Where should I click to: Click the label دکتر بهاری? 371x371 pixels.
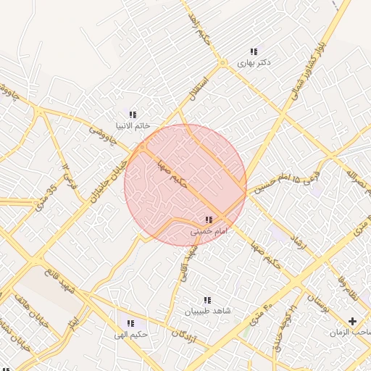click(254, 63)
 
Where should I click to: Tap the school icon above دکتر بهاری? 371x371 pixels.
click(254, 51)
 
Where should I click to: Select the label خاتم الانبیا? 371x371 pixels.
click(133, 125)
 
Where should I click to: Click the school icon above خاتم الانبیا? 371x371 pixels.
click(133, 114)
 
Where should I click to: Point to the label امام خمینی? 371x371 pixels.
click(209, 231)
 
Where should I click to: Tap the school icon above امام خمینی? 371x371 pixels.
click(209, 220)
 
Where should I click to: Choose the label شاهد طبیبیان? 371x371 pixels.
click(207, 311)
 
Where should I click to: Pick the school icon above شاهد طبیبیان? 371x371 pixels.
click(207, 300)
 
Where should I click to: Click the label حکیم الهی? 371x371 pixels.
click(130, 335)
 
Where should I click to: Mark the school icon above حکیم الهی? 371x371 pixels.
click(130, 323)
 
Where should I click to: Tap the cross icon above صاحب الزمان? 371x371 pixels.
click(353, 320)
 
